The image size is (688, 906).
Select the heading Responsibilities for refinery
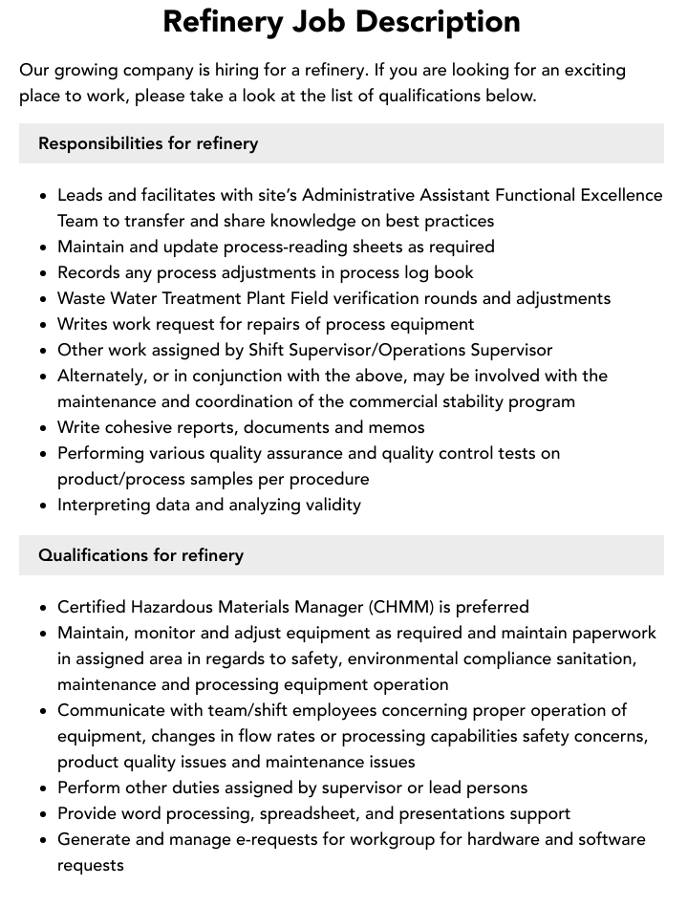pos(148,143)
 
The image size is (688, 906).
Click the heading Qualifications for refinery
pos(140,555)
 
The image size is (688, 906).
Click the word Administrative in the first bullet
pos(363,195)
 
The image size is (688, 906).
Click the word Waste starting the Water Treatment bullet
pos(81,298)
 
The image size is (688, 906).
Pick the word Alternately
pos(103,376)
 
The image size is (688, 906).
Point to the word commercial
pos(370,401)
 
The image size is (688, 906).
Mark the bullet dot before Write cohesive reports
pos(44,428)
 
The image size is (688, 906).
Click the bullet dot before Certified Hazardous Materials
pos(44,608)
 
